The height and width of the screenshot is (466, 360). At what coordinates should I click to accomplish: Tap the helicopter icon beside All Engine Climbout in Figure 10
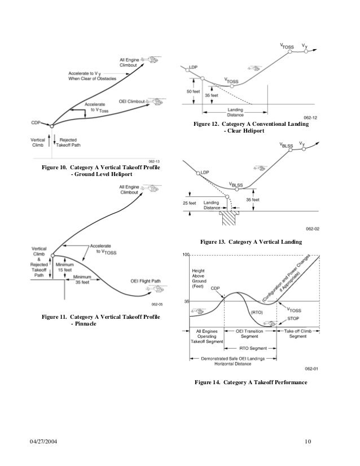pos(151,59)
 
